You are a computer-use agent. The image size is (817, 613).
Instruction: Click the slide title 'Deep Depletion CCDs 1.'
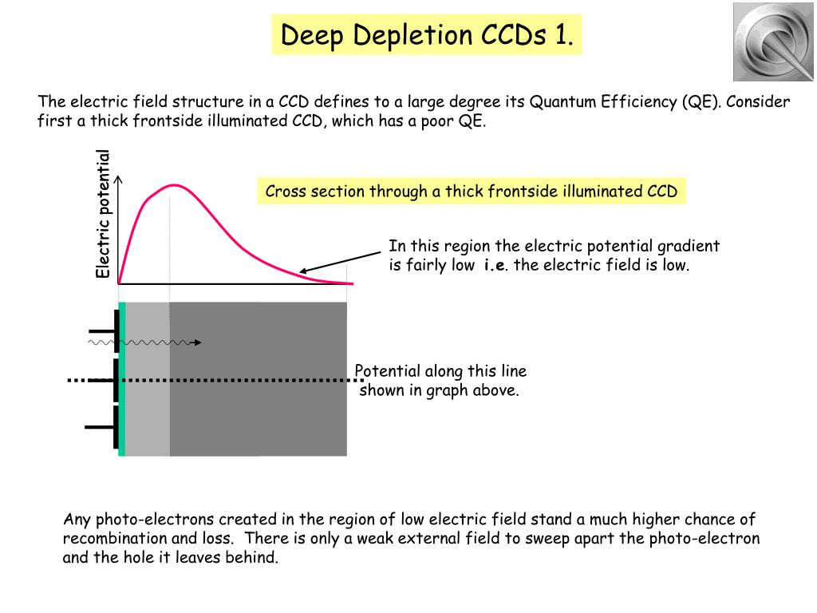427,34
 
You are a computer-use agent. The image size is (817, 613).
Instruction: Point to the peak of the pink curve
172,185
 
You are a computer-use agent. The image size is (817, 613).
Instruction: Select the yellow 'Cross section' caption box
471,192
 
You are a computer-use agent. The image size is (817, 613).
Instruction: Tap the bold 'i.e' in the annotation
492,266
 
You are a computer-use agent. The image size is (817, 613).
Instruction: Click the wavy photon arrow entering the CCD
144,342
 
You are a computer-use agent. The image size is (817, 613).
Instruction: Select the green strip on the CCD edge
122,379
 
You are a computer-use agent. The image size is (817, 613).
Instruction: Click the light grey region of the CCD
148,415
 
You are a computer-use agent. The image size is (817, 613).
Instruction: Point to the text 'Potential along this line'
440,371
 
